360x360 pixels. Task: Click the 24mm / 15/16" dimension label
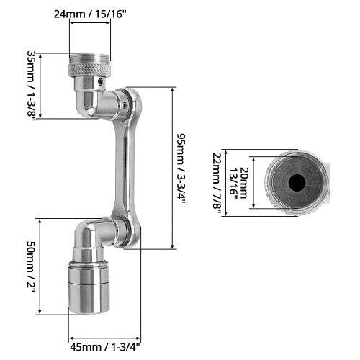coord(90,12)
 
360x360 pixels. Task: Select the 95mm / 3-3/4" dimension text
coord(185,168)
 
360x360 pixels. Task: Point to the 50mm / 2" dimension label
coord(31,266)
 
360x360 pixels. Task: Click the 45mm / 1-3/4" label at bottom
coord(104,345)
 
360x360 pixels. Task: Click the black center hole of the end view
coord(296,183)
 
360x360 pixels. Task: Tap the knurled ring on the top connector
coord(90,70)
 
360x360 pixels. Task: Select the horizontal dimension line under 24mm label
coord(90,22)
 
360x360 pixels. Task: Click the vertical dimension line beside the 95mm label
coord(172,168)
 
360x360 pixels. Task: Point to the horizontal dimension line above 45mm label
coord(104,336)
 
